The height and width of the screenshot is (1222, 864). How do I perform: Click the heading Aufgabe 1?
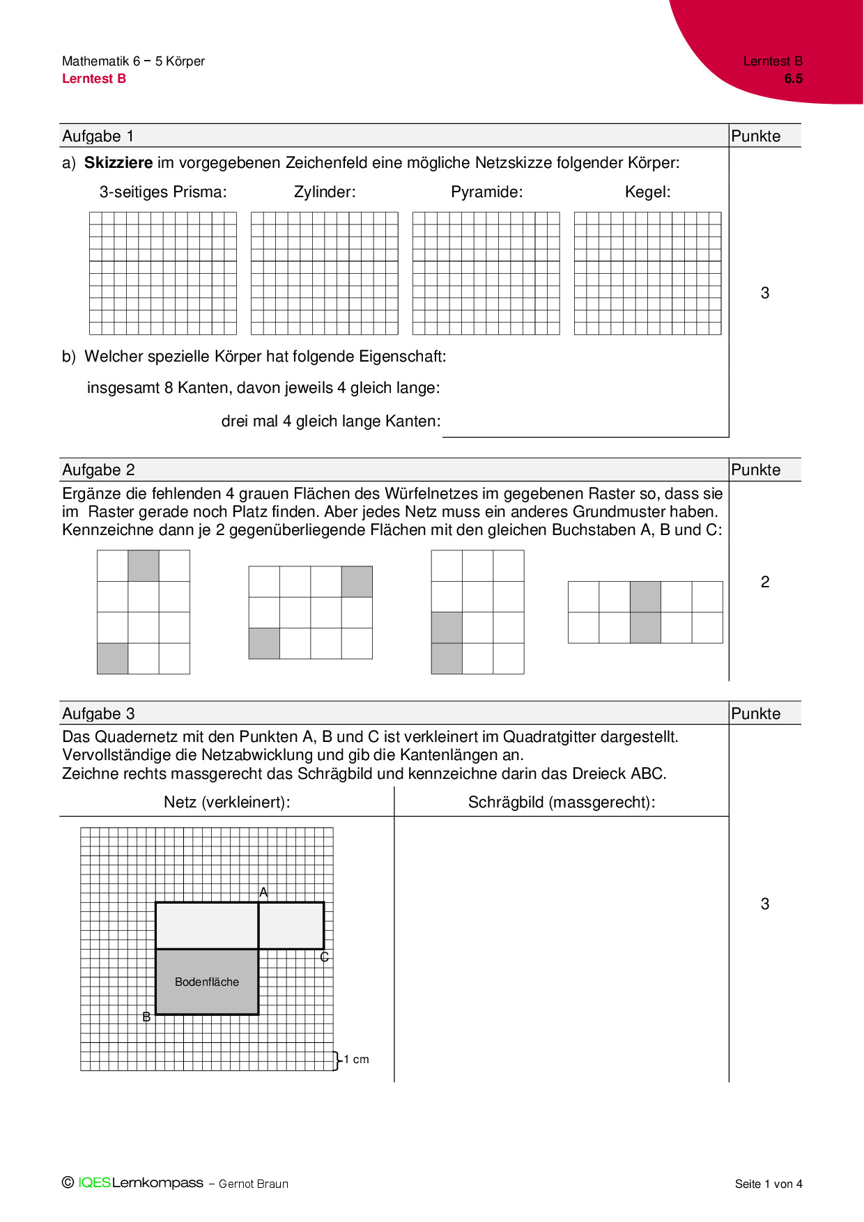pos(98,136)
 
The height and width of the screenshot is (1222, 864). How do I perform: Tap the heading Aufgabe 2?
pos(98,470)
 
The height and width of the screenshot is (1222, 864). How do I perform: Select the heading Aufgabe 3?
pos(98,713)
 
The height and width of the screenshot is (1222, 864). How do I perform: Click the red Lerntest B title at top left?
pos(94,79)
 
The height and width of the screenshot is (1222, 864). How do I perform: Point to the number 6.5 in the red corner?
pos(793,79)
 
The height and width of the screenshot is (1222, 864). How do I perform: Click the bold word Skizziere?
pos(118,163)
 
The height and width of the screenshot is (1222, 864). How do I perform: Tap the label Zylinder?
pos(325,192)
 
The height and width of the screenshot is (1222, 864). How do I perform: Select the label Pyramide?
pos(486,192)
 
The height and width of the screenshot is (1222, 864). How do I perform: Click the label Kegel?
pos(647,192)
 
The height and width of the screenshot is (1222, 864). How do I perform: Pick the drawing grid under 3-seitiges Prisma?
pos(163,273)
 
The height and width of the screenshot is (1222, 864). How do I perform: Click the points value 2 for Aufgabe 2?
pos(764,582)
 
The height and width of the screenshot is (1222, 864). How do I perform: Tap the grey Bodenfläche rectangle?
pos(207,982)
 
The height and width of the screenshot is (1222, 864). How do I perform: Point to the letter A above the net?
pos(263,892)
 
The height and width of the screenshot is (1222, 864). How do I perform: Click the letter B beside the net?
pos(146,1016)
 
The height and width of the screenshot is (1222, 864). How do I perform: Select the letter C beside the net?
pos(324,957)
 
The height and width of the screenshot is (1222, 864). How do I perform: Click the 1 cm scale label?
pos(356,1059)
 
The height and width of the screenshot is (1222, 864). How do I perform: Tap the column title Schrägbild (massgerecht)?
pos(562,803)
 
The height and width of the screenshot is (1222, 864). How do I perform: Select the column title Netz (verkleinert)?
pos(227,803)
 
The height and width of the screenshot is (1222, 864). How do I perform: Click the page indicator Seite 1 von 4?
pos(769,1184)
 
